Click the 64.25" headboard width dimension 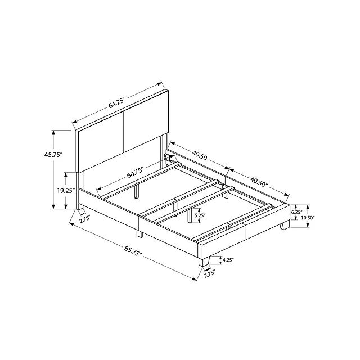click(116, 103)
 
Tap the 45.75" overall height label click(53, 155)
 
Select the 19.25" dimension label click(66, 190)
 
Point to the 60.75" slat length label click(136, 173)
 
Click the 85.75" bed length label click(133, 251)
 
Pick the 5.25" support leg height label click(200, 215)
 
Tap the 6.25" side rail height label click(296, 212)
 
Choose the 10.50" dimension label click(308, 218)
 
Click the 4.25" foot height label click(228, 260)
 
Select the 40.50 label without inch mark click(200, 156)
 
